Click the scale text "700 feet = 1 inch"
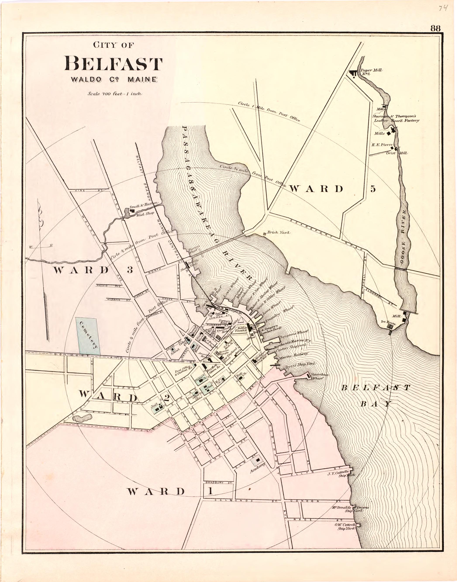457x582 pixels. (115, 94)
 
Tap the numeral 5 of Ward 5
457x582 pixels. (373, 189)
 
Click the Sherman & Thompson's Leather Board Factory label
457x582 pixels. (396, 118)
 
